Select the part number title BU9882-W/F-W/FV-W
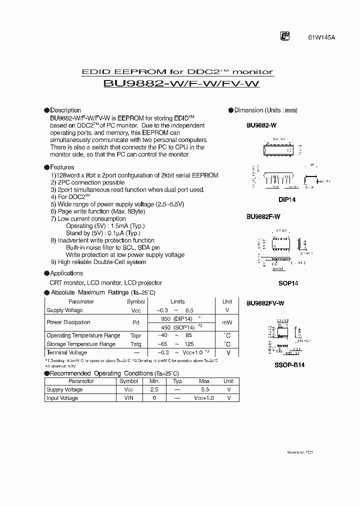point(181,84)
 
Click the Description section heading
point(65,110)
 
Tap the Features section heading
point(62,167)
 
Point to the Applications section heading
point(66,273)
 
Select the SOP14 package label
point(288,283)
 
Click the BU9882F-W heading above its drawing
point(263,216)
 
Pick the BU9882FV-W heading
point(265,303)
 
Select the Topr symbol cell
point(135,335)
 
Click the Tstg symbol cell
point(135,344)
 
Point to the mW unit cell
point(227,322)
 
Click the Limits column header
point(177,301)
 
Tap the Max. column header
point(205,381)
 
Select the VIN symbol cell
point(128,398)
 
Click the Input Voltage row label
point(62,398)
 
